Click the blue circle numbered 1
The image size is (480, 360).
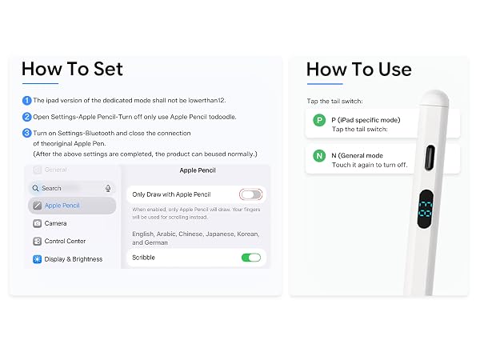[x=26, y=101]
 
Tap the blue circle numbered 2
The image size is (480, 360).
[x=26, y=117]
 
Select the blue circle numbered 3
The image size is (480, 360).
[x=26, y=133]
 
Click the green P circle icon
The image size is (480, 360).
[x=319, y=120]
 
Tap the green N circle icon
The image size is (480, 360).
[x=319, y=156]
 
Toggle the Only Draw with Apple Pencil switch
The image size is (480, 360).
[x=250, y=194]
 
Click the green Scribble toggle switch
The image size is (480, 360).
[x=251, y=258]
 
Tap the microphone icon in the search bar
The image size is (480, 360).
[x=108, y=188]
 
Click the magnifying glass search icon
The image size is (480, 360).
[x=35, y=188]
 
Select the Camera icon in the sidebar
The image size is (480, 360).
[x=37, y=223]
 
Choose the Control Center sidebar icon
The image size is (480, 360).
[x=37, y=242]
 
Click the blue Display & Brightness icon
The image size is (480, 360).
[x=37, y=259]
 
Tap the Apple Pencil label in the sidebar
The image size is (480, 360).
[x=62, y=206]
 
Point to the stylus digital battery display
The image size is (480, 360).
[x=426, y=209]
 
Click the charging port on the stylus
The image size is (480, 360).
[x=430, y=158]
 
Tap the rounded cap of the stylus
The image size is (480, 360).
[x=434, y=98]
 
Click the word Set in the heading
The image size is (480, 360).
[x=108, y=69]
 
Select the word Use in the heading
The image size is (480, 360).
[x=395, y=70]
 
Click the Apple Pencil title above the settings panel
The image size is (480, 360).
[x=198, y=170]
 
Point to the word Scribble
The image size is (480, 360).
[x=143, y=258]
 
